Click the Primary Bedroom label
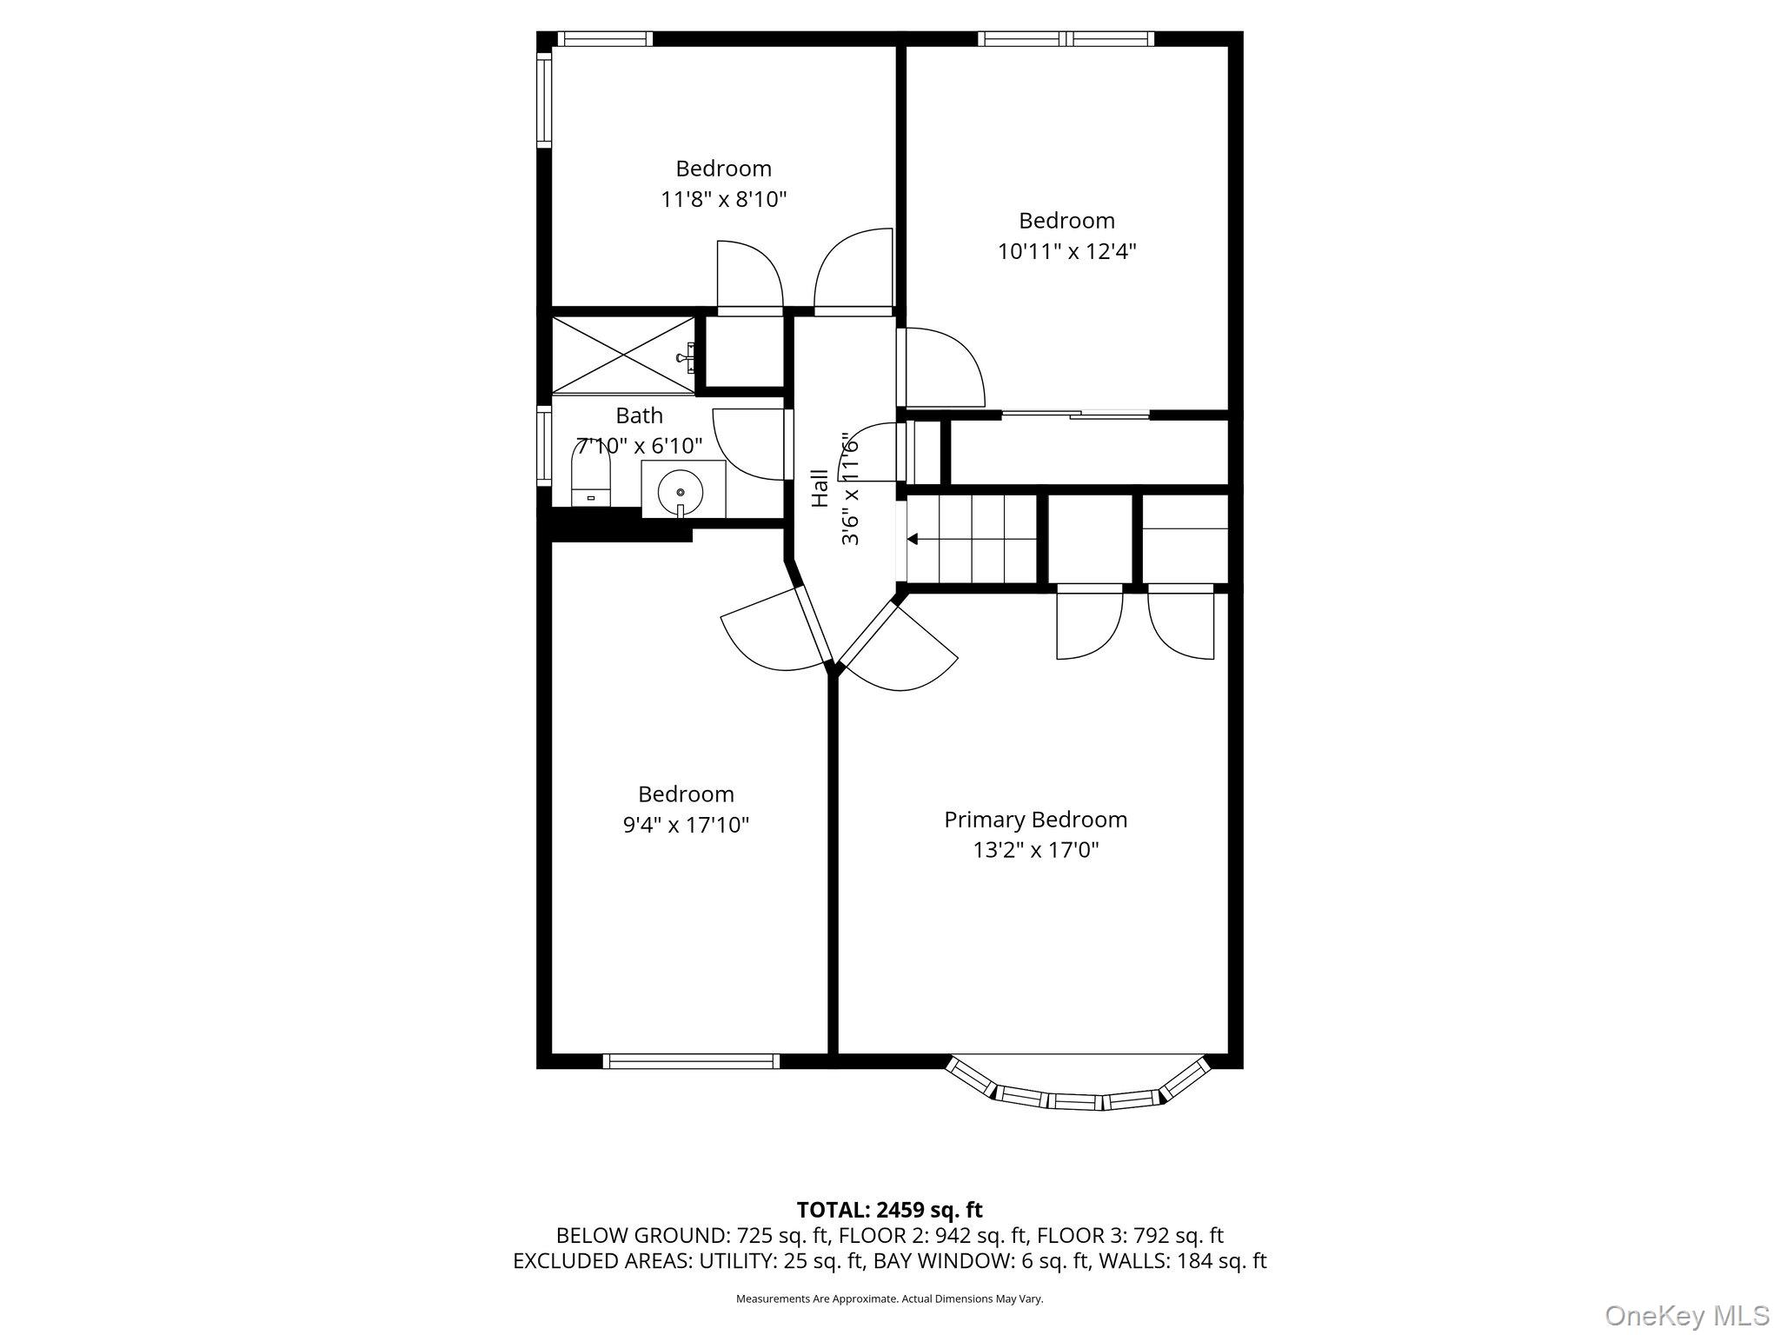(x=1035, y=820)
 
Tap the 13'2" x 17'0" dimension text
(x=1035, y=850)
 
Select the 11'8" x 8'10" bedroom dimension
(x=723, y=200)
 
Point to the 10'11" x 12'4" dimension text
(x=1066, y=252)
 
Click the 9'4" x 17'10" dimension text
(x=686, y=825)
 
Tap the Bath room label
(x=639, y=415)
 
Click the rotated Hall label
(x=820, y=488)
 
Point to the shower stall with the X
(x=623, y=355)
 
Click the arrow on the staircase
(x=913, y=540)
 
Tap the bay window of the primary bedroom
(x=1078, y=1093)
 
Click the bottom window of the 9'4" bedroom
(x=691, y=1061)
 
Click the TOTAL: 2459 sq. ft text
(x=889, y=1210)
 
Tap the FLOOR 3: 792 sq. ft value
(x=1130, y=1235)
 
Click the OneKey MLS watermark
(x=1686, y=1315)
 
